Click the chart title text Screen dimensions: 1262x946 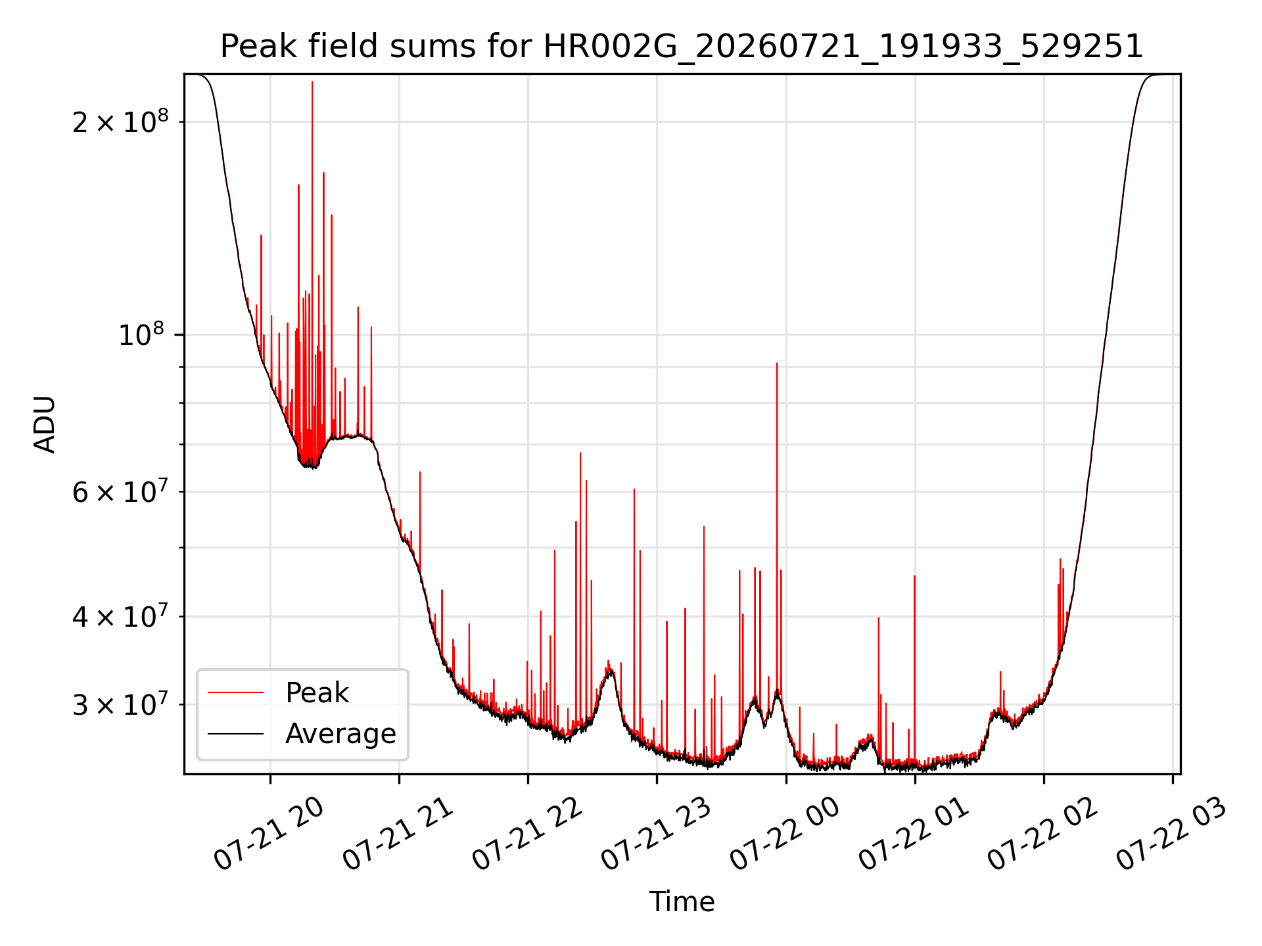coord(682,47)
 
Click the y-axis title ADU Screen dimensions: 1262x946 coord(45,424)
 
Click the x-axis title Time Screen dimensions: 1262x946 coord(682,901)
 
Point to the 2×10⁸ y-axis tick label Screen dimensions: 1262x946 coord(120,122)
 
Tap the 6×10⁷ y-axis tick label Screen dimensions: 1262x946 coord(120,491)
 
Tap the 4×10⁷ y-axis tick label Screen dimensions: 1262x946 coord(120,617)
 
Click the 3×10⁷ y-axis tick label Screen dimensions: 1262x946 coord(120,705)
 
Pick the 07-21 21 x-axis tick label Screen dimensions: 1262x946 coord(398,834)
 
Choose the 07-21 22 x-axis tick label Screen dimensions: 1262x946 coord(527,834)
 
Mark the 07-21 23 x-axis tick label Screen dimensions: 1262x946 coord(656,834)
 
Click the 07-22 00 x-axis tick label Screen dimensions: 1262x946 coord(785,834)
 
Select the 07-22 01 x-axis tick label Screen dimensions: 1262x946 coord(914,834)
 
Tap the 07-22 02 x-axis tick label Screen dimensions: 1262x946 coord(1042,834)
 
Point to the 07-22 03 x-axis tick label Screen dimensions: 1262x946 coord(1171,834)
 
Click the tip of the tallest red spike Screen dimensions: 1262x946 coord(312,81)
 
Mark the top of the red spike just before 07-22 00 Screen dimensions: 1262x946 coord(777,363)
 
